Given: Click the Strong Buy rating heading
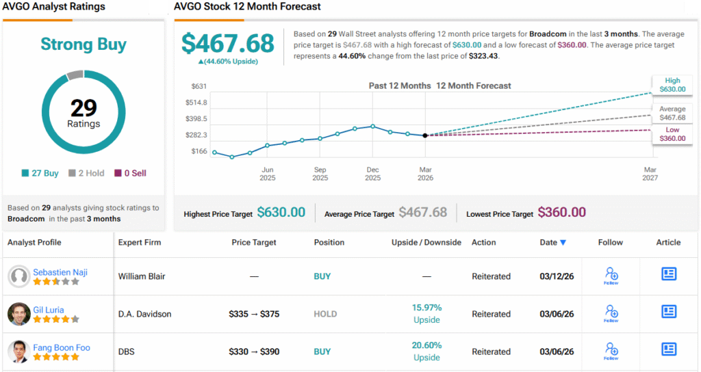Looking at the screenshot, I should click(84, 44).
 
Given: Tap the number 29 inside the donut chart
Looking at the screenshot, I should click(84, 108).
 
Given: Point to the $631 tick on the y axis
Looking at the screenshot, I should click(198, 86).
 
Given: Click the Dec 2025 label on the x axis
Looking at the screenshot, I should click(372, 174).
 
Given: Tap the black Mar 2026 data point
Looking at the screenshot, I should click(425, 135).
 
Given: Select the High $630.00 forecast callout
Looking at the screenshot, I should click(672, 85).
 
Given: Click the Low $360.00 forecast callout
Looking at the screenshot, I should click(672, 134).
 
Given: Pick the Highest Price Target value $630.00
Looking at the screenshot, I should click(281, 213).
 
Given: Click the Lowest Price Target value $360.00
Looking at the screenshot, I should click(561, 213).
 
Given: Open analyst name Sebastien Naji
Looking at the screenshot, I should click(60, 272).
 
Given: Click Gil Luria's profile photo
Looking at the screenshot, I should click(19, 314).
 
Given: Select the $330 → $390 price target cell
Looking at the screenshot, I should click(253, 351).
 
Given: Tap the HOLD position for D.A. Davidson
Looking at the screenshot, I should click(325, 314).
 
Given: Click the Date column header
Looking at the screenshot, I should click(552, 242).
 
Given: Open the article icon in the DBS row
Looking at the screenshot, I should click(668, 349).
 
